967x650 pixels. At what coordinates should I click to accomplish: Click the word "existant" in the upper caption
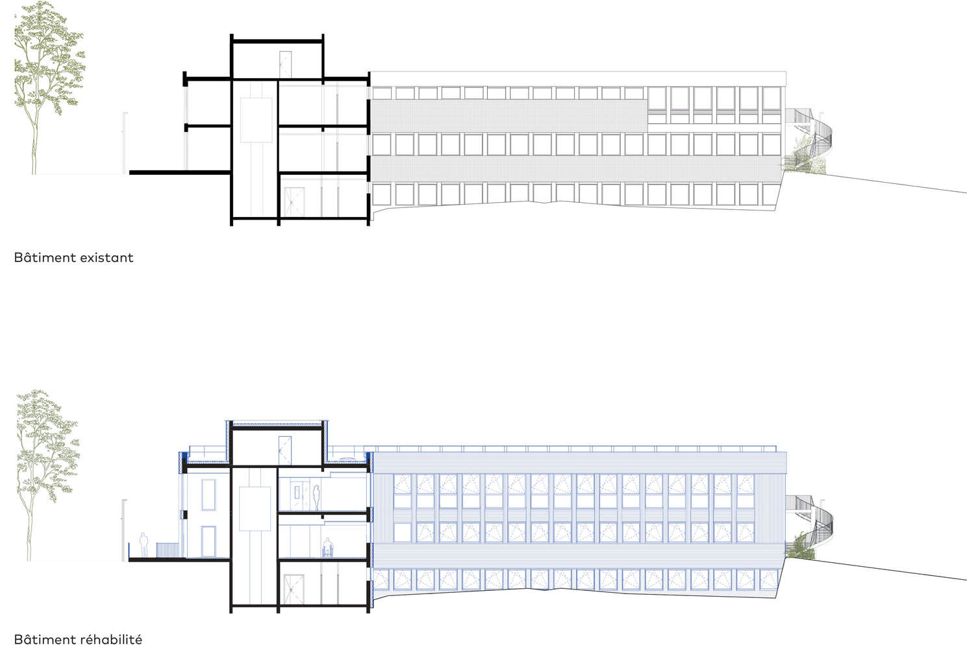click(107, 257)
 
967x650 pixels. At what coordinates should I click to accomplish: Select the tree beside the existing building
click(49, 88)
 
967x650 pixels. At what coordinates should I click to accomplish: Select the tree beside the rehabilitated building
click(48, 475)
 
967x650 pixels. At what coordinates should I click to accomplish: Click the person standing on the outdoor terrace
click(144, 545)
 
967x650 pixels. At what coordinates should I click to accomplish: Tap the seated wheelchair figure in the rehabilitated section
click(328, 547)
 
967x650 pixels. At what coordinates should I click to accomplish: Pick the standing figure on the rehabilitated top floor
click(316, 497)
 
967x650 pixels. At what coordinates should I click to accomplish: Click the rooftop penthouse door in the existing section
click(285, 64)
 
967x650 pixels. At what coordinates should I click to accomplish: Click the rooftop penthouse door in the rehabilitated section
click(285, 451)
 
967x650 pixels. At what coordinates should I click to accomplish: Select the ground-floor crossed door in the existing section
click(294, 202)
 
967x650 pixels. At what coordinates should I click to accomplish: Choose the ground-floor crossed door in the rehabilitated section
click(294, 590)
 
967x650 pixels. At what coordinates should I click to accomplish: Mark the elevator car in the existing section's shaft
click(256, 120)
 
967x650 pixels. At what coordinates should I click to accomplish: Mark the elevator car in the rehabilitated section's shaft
click(255, 509)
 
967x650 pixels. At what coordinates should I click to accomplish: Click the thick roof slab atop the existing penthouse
click(277, 42)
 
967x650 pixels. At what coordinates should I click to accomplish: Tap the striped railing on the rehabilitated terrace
click(167, 550)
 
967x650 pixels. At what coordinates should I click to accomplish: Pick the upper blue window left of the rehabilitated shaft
click(208, 495)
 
